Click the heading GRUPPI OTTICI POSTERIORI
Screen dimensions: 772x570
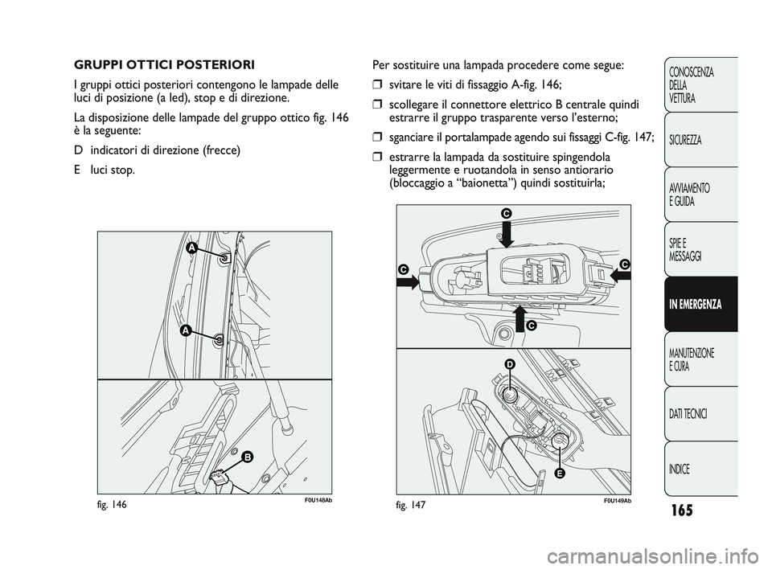pyautogui.click(x=164, y=65)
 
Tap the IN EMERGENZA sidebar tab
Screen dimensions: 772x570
pyautogui.click(x=700, y=304)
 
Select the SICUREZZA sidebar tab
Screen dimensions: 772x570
pyautogui.click(x=700, y=140)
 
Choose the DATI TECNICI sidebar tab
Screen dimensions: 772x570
pyautogui.click(x=700, y=414)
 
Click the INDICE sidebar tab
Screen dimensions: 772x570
pyautogui.click(x=700, y=469)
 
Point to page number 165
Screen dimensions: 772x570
pyautogui.click(x=681, y=510)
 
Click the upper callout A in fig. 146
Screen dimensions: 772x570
pyautogui.click(x=191, y=249)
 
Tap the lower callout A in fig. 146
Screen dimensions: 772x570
pyautogui.click(x=185, y=330)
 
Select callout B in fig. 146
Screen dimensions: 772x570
pyautogui.click(x=247, y=457)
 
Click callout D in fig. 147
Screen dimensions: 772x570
pyautogui.click(x=510, y=363)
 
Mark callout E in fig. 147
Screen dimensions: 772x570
pyautogui.click(x=560, y=473)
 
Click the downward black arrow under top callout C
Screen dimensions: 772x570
pyautogui.click(x=507, y=233)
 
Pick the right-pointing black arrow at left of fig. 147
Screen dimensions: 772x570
pyautogui.click(x=409, y=282)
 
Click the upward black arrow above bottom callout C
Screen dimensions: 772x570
pyautogui.click(x=520, y=319)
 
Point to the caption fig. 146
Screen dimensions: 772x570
pyautogui.click(x=113, y=505)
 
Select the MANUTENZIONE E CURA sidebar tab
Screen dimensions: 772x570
pyautogui.click(x=700, y=359)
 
